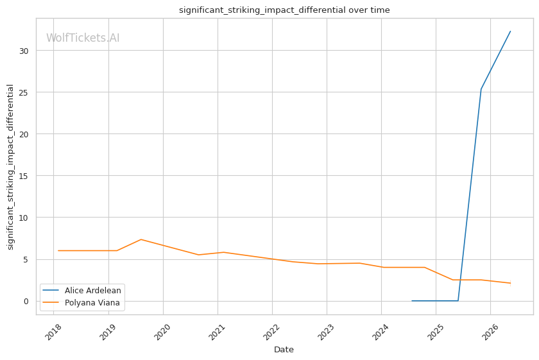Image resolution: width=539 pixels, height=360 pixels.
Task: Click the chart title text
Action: [284, 10]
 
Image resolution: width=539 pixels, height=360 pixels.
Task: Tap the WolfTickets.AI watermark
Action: [83, 38]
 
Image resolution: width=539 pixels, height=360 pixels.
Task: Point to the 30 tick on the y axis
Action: [24, 51]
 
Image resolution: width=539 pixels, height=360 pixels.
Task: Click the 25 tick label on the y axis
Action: [24, 92]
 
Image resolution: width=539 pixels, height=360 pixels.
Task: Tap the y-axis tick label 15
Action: [24, 176]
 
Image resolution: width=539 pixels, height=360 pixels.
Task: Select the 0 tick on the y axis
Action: [26, 301]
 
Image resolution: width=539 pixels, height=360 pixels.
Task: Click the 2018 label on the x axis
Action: [54, 332]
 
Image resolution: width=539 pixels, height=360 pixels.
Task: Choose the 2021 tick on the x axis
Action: [218, 332]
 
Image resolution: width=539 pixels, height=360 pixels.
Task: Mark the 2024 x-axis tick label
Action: [381, 332]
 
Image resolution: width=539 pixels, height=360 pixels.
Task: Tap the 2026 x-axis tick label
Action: [490, 332]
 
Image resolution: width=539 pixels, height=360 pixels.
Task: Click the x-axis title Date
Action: [284, 350]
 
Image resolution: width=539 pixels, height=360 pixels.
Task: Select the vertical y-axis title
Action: [10, 167]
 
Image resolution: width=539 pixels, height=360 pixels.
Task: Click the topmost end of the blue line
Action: [511, 31]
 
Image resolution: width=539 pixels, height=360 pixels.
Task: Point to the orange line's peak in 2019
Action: [141, 239]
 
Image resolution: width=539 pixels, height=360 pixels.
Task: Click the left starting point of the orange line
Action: [58, 251]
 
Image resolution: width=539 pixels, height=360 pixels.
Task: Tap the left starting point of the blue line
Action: [412, 301]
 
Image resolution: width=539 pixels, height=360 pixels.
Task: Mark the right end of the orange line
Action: [511, 284]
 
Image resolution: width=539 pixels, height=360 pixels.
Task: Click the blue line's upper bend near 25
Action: [481, 89]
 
